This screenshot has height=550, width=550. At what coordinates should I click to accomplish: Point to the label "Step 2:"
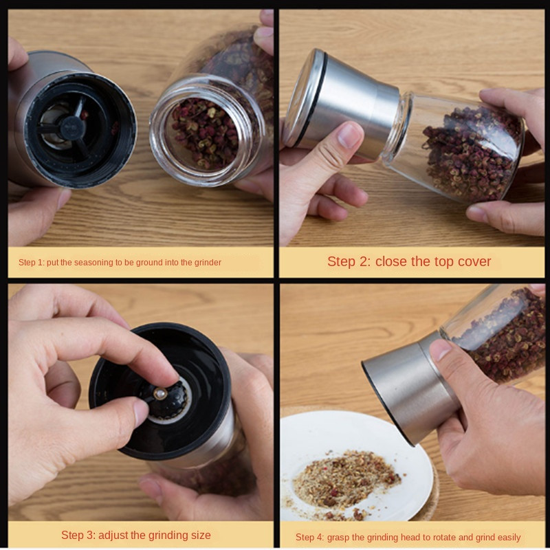click(349, 262)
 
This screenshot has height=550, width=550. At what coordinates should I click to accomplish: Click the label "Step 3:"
click(78, 536)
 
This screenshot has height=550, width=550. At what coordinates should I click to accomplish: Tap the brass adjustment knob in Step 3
click(160, 393)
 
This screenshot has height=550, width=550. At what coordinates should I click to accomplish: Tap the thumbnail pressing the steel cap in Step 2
click(349, 135)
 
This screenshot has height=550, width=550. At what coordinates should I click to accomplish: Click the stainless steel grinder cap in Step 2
click(342, 104)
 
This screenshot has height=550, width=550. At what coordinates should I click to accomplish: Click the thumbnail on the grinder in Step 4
click(440, 350)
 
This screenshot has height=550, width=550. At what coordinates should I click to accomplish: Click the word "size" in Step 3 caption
click(199, 536)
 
